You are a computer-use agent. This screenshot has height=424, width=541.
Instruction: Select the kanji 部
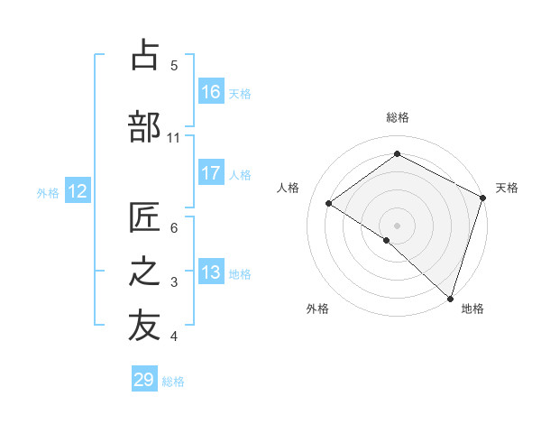pos(145,126)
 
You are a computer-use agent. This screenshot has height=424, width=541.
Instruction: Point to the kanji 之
pos(145,273)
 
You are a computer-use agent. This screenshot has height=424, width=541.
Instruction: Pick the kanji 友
pos(145,327)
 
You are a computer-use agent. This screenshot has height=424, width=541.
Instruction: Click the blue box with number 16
pos(211,92)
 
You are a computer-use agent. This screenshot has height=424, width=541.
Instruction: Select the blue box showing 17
pos(211,174)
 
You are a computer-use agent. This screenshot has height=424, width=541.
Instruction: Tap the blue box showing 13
pos(211,273)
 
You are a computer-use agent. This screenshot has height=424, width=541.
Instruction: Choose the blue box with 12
pos(78,191)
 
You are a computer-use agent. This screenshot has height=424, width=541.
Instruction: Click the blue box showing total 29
pos(144,380)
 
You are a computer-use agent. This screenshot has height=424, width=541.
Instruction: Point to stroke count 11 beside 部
pos(174,137)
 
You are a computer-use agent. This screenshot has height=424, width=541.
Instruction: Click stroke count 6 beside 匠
pos(174,227)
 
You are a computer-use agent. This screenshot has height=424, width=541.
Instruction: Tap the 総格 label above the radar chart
pos(397,118)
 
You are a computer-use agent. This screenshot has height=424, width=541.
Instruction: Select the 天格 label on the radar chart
pos(507,188)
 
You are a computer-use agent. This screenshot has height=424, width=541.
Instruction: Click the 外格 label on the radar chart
pos(317,309)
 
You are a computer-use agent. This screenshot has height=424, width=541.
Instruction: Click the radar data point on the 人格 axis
pos(329,203)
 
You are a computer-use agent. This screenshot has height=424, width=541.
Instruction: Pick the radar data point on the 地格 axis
pos(450,298)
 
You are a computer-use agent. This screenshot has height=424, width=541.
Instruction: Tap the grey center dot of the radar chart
pos(397,225)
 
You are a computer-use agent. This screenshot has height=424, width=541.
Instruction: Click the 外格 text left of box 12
pos(47,192)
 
